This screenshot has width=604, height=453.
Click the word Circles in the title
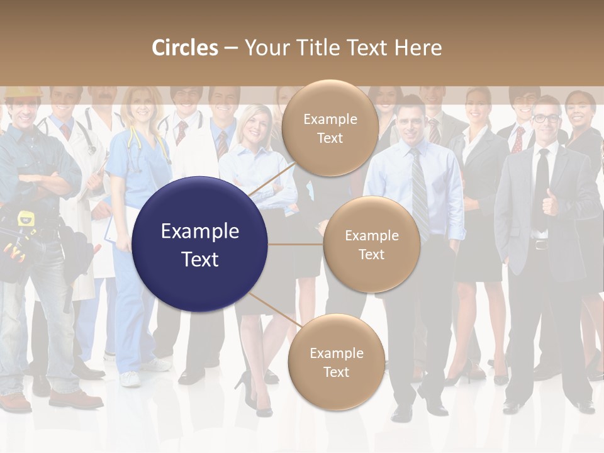click(184, 48)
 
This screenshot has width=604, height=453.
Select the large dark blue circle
click(200, 244)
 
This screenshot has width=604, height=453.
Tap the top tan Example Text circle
click(330, 128)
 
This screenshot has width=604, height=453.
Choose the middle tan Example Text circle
click(371, 244)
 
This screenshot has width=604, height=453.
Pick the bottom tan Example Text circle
click(336, 362)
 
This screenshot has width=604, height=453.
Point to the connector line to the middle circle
click(296, 244)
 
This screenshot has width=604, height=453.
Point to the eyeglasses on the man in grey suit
click(545, 118)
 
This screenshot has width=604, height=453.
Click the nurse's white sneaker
click(130, 379)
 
